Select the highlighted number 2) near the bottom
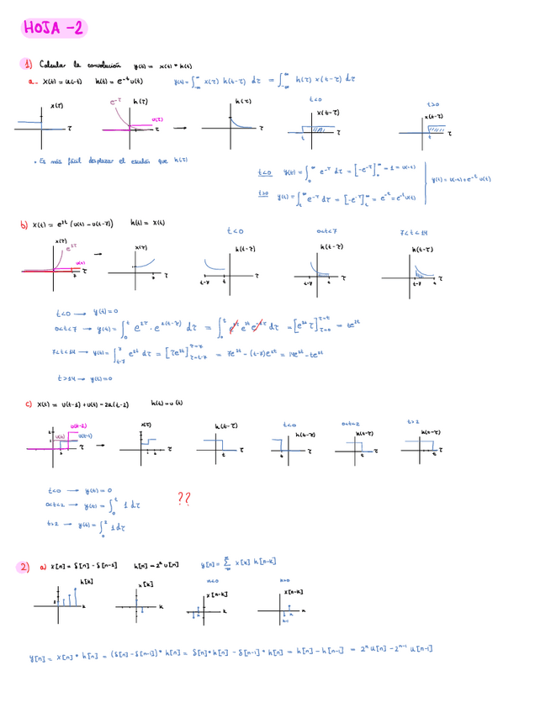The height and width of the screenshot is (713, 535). click(24, 567)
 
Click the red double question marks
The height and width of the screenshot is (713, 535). click(184, 499)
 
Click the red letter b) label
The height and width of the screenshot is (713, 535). click(24, 224)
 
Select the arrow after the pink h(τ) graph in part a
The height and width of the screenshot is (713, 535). click(180, 129)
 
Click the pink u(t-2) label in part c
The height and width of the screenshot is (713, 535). click(78, 426)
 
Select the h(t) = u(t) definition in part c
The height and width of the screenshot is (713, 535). click(167, 404)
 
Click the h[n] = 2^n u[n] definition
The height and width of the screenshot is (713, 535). click(156, 566)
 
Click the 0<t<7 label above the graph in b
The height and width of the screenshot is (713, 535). click(326, 231)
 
